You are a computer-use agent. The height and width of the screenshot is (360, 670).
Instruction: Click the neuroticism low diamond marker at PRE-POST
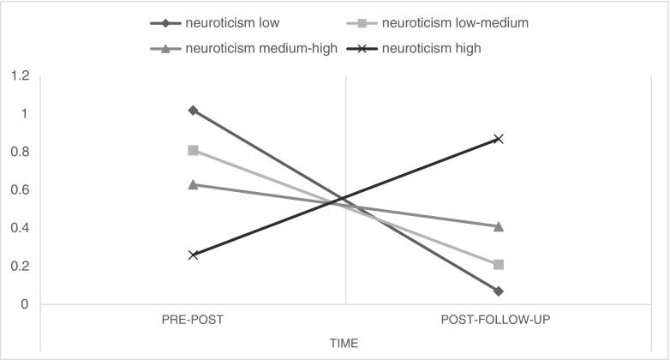(193, 111)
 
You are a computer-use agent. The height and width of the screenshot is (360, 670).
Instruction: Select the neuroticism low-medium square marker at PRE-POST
(193, 150)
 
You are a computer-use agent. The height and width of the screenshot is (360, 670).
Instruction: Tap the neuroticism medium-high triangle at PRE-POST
(193, 184)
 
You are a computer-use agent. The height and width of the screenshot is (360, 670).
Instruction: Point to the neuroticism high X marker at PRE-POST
(193, 255)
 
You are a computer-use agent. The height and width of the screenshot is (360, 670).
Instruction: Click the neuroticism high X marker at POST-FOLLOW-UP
(498, 139)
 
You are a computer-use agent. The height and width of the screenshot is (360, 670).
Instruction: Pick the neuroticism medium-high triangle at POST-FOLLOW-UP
(498, 226)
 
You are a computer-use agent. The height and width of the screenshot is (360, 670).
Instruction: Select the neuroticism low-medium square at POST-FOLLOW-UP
(498, 264)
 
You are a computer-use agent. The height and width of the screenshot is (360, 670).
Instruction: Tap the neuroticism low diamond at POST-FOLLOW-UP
(498, 291)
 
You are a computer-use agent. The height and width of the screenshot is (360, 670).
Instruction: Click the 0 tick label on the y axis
(26, 304)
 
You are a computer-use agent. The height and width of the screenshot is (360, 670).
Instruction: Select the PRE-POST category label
(193, 321)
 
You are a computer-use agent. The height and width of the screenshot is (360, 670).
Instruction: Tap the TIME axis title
(344, 343)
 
